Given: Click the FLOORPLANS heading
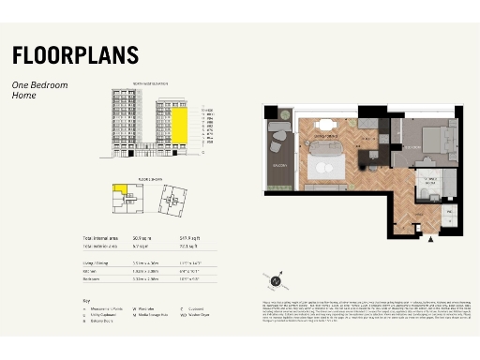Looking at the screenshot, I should [x=75, y=54].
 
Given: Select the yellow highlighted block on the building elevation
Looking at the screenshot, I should [x=177, y=123].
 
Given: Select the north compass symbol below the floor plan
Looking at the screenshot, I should [x=276, y=279].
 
